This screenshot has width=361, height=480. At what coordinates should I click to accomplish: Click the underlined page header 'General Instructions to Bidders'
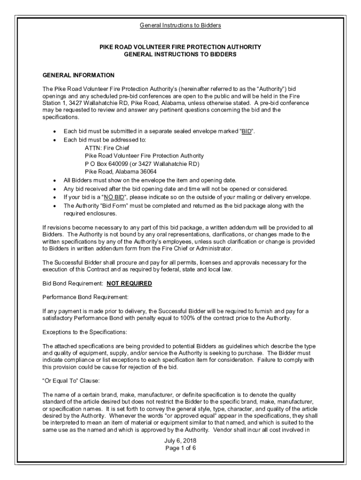point(180,25)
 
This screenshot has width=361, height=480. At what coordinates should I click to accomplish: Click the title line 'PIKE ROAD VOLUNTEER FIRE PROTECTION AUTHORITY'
point(180,47)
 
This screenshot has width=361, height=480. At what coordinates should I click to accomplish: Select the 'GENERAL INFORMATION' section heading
point(78,75)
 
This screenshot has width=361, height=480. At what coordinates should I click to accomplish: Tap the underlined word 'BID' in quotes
point(247,131)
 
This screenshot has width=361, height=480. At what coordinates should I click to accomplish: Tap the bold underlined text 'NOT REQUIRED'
point(129,284)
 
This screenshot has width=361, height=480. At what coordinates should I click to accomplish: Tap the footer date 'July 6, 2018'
point(180,441)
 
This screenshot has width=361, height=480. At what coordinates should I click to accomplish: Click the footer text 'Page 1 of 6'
point(180,448)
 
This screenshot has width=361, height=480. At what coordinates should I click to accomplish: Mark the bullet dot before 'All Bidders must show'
point(56,180)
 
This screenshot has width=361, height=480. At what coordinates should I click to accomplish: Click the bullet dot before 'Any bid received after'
point(56,188)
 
